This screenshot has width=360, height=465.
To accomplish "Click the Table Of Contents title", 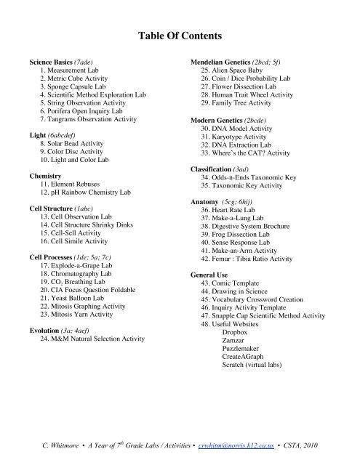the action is tap(180, 35).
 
